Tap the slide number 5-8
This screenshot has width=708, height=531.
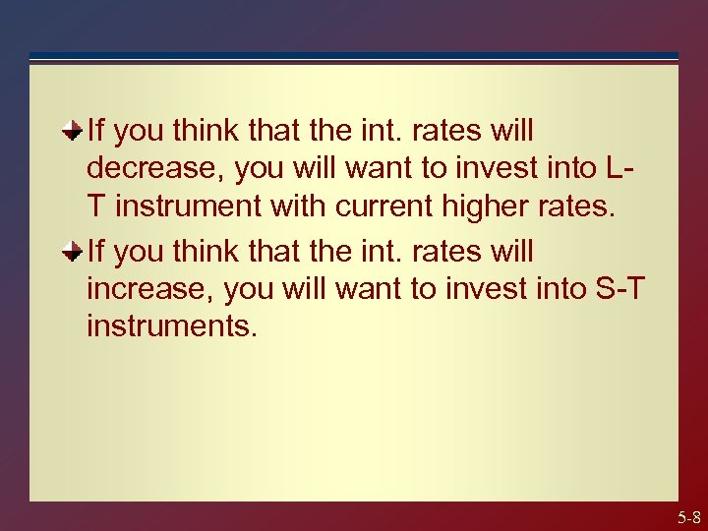click(x=688, y=517)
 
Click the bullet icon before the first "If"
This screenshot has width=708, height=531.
click(x=74, y=129)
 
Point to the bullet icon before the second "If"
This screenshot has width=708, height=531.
click(x=74, y=251)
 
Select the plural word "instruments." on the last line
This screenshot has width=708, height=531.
click(x=172, y=325)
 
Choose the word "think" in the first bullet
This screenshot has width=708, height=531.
click(x=210, y=130)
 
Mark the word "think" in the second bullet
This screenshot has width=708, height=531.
click(x=210, y=252)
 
